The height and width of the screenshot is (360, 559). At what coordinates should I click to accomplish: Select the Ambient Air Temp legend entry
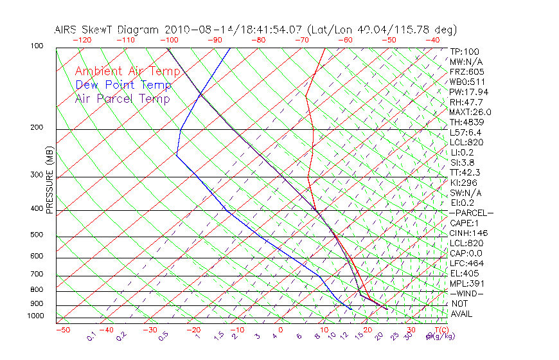[127, 71]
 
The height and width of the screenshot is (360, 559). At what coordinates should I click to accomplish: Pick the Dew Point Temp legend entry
[123, 85]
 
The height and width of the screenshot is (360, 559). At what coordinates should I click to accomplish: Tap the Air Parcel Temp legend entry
[122, 98]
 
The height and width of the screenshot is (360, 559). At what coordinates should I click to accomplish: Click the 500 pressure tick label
[37, 235]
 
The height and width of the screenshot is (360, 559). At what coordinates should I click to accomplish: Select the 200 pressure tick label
[37, 127]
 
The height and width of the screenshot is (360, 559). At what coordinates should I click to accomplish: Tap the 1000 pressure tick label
[35, 316]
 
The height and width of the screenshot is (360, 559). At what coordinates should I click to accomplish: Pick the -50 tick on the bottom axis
[62, 330]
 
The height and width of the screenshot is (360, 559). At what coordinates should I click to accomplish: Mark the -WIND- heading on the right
[466, 293]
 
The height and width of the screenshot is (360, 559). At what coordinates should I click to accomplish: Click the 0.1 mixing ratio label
[91, 337]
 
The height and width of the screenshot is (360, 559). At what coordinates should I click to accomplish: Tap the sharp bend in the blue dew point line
[176, 154]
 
